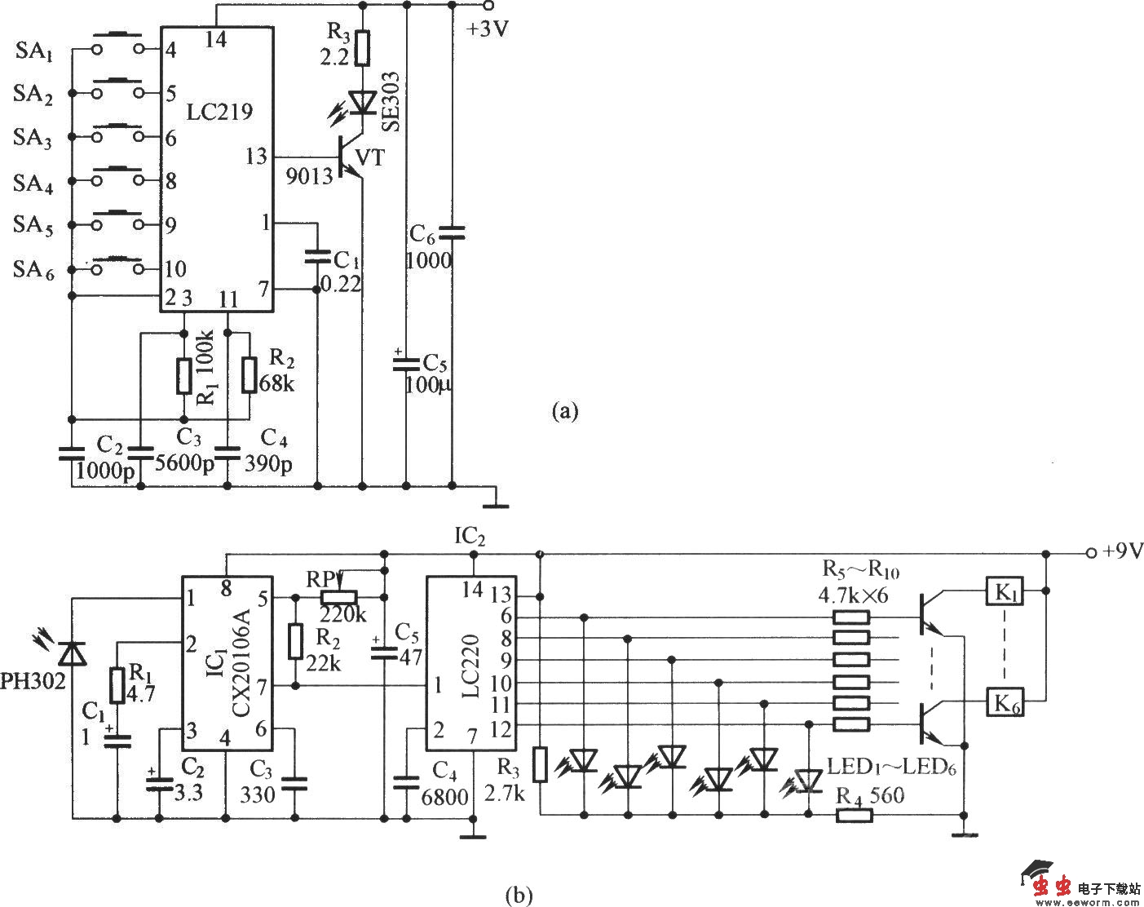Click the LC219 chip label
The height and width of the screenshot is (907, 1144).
(219, 112)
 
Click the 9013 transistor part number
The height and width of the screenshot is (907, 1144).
(308, 176)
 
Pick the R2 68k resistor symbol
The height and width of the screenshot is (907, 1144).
(249, 375)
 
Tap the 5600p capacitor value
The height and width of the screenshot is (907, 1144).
(184, 462)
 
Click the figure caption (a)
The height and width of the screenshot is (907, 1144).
(564, 411)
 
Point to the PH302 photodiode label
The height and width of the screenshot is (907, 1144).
(33, 681)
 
